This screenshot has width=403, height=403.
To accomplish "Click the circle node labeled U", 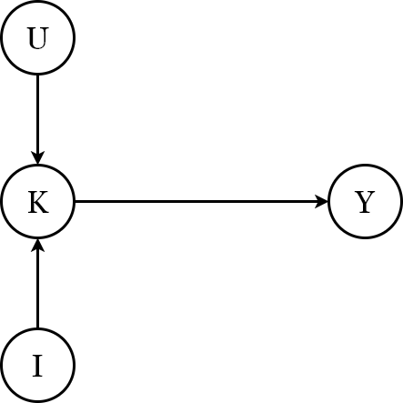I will [37, 38].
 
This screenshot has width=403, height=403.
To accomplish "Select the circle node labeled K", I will [37, 202].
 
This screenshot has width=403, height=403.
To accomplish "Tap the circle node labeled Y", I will [365, 202].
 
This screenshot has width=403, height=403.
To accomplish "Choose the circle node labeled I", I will [37, 366].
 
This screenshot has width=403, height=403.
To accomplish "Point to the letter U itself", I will [37, 38].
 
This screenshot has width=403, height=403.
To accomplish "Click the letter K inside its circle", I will [37, 202].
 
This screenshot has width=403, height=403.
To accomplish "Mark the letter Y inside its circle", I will [365, 202].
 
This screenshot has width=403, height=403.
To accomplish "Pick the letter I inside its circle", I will [37, 366].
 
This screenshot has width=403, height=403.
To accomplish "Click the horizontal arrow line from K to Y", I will [200, 202].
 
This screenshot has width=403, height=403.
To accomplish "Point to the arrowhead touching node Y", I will [322, 202].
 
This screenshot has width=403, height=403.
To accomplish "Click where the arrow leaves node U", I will [37, 75].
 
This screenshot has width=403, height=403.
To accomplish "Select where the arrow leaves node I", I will [37, 329].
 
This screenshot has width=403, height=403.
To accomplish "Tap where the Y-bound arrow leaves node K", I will [74, 202].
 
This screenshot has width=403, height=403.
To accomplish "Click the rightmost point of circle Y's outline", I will [401, 202].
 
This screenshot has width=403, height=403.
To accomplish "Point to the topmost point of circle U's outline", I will [37, 2].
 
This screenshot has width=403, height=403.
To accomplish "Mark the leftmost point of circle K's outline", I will [1, 202].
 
